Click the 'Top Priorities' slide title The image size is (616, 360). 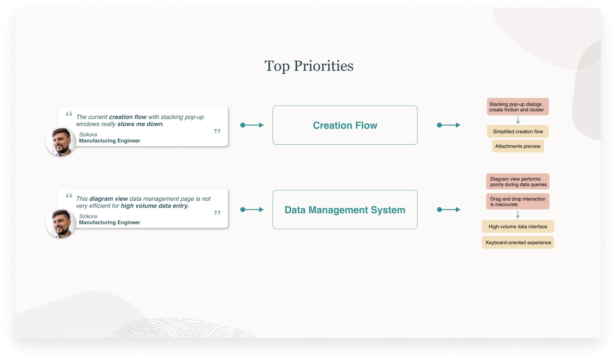[309, 66]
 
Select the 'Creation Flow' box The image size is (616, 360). [345, 125]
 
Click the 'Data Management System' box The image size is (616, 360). [345, 210]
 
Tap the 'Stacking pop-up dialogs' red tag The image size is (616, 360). [518, 107]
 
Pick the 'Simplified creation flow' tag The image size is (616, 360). [518, 131]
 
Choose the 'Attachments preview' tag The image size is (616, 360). [518, 146]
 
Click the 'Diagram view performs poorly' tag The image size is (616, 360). [518, 182]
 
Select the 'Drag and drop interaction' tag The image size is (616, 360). [518, 201]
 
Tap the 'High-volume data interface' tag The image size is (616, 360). [518, 226]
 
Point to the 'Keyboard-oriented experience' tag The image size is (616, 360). [518, 243]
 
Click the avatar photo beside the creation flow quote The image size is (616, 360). [61, 142]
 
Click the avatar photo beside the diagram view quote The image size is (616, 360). [61, 223]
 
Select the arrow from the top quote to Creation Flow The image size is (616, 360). [252, 125]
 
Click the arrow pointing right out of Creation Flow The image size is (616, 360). [449, 125]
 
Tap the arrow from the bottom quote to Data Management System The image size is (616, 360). [252, 210]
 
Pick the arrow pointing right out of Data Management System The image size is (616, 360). [449, 210]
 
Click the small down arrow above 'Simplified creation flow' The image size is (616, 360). [518, 120]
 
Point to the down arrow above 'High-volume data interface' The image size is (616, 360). [518, 215]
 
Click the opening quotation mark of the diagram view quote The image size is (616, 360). [69, 196]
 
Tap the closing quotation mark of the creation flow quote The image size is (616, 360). [217, 131]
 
